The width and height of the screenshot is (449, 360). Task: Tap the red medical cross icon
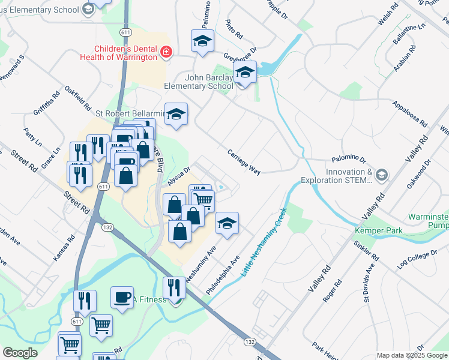[x=166, y=53]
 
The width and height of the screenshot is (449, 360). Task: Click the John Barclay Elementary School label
[x=199, y=82]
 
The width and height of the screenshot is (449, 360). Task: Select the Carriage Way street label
[x=244, y=162]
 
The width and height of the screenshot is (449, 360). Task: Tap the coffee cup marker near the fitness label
[x=122, y=297]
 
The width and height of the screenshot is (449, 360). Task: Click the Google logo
[x=20, y=353]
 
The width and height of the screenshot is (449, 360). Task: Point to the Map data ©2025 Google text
[x=412, y=355]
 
